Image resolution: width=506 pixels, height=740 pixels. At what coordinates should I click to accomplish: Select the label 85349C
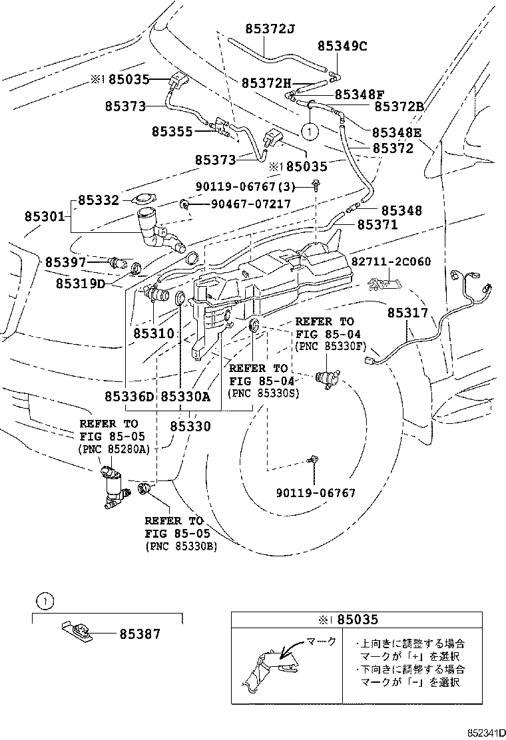pos(342,46)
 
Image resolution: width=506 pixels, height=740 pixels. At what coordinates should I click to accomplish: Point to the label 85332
pos(98,200)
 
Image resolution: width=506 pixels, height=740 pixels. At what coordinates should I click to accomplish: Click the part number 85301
pos(45,216)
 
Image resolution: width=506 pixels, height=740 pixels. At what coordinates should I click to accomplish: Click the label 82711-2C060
pos(391,262)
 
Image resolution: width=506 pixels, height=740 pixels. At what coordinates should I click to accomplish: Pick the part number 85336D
pos(129,397)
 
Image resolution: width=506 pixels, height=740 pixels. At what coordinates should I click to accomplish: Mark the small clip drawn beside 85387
pos(75,630)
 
